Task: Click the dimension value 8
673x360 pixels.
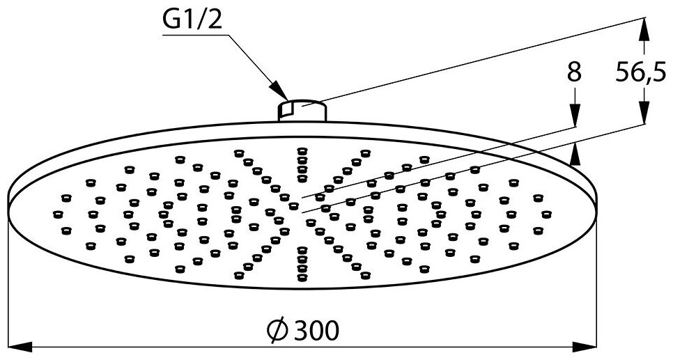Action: (x=573, y=72)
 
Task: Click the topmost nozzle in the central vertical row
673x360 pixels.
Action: (x=302, y=150)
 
